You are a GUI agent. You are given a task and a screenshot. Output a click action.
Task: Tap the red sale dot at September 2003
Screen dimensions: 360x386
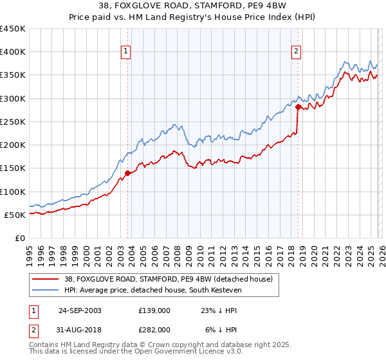coord(128,173)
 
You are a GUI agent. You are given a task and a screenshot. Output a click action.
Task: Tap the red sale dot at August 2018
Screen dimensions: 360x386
coord(298,107)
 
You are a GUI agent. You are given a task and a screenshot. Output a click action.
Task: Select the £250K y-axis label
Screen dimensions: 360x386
coord(13,122)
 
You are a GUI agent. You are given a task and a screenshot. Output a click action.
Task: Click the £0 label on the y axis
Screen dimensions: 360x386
coord(21,238)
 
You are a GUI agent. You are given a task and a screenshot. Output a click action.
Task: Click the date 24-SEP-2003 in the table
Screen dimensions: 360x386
coord(80,310)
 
